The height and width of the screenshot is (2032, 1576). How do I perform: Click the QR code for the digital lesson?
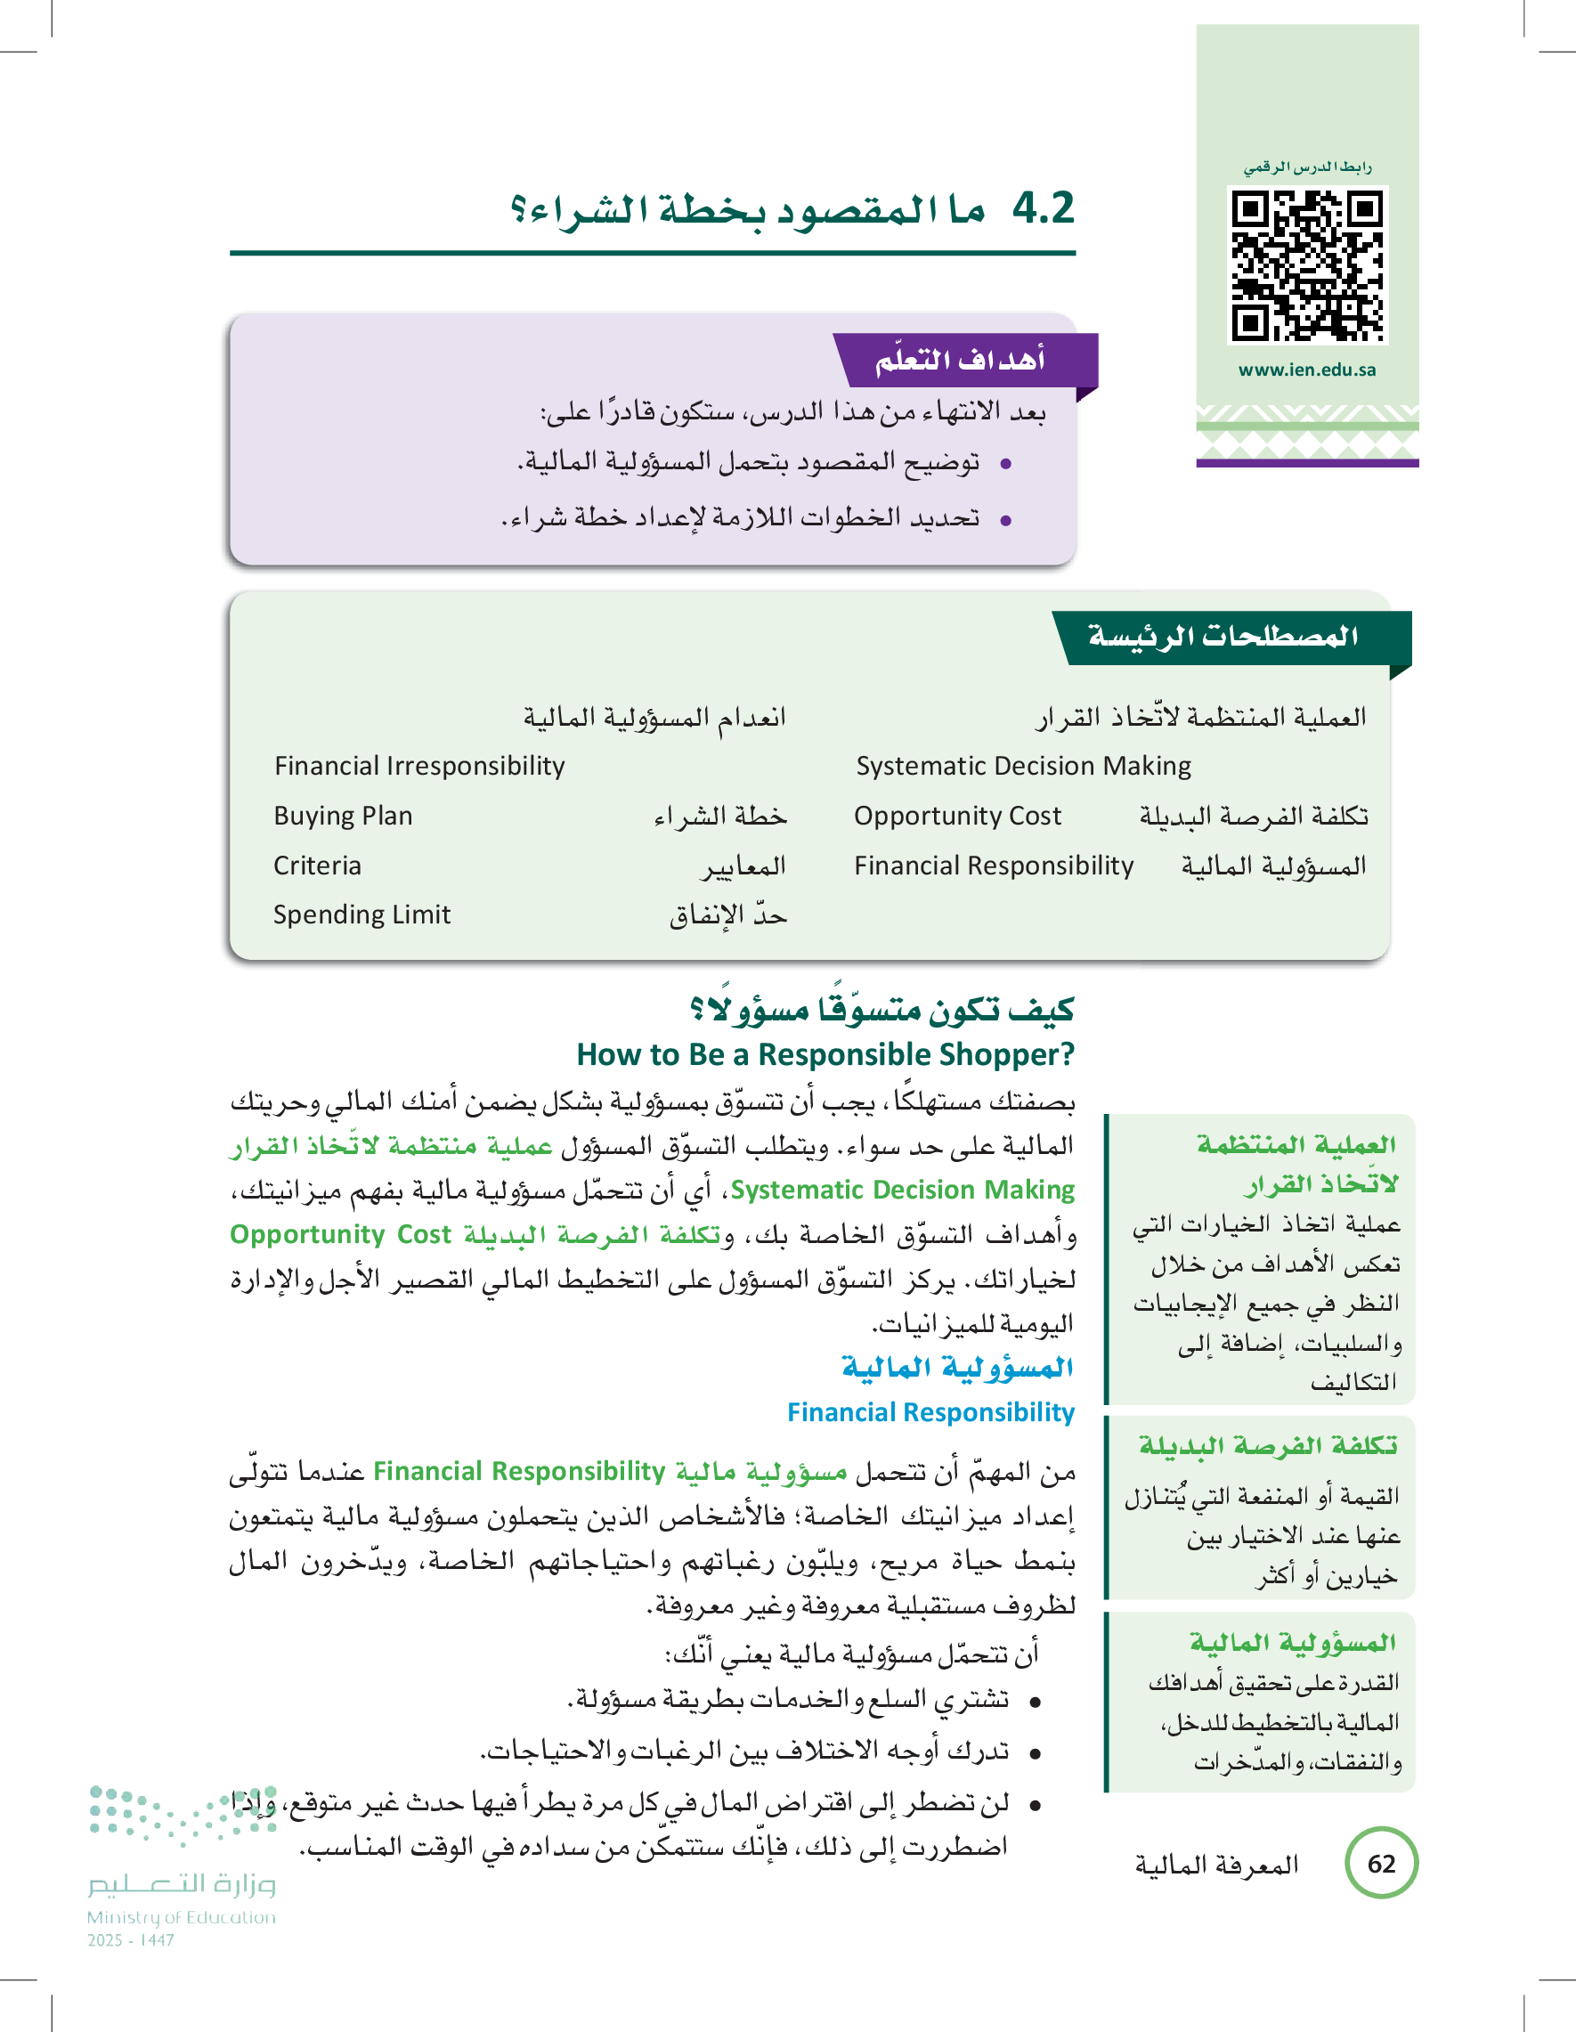(1307, 265)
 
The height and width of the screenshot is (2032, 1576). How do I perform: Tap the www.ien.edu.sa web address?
(1306, 370)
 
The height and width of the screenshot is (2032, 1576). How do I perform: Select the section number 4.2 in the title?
(1043, 207)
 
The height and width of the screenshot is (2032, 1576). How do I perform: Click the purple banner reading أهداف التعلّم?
(963, 359)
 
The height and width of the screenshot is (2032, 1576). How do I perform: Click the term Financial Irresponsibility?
(419, 766)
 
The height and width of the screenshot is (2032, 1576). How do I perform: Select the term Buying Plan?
(343, 816)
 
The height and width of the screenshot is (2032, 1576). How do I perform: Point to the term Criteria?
(317, 866)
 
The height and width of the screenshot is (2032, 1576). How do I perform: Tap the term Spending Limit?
(361, 914)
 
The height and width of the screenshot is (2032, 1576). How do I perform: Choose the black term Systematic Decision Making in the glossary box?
(1023, 766)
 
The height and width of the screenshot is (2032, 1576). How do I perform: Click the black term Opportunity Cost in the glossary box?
(957, 816)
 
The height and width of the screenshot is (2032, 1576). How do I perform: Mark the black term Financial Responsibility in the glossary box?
(994, 866)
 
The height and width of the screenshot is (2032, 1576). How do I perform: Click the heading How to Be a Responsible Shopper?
(825, 1054)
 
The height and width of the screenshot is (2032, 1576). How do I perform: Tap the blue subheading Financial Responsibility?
(930, 1411)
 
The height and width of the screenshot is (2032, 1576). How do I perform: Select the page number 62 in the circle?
(1381, 1863)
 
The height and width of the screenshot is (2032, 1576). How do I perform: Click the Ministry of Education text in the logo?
(182, 1916)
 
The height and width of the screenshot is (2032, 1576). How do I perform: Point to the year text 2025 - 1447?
(130, 1940)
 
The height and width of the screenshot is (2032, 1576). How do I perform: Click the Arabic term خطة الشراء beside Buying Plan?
(720, 816)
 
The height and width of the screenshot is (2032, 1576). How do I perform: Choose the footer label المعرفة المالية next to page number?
(1216, 1865)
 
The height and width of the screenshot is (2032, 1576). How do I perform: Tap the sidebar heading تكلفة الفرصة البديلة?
(1267, 1446)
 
